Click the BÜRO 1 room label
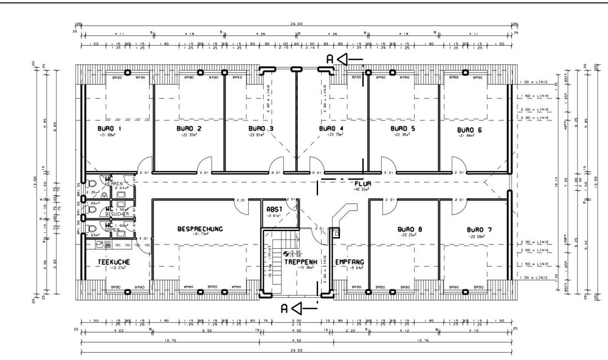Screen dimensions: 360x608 coord(109,129)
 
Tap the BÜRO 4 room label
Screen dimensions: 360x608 coord(332,129)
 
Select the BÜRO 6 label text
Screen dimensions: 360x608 coord(469,130)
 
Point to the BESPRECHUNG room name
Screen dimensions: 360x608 coord(200,229)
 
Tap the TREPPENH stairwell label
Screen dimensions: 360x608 coord(298,261)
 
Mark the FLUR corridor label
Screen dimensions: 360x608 coord(364,182)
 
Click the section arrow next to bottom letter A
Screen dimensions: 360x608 coord(306,307)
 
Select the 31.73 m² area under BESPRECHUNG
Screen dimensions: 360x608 coord(200,235)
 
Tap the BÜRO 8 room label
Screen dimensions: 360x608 coord(410,230)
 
